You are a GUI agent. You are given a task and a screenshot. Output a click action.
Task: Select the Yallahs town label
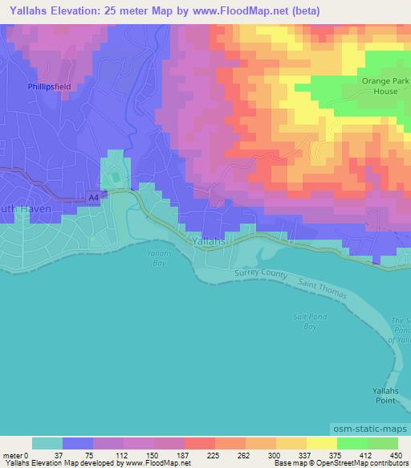click(x=211, y=240)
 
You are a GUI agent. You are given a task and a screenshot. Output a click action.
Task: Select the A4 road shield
click(x=92, y=197)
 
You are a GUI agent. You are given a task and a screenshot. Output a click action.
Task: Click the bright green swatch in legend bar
click(x=352, y=443)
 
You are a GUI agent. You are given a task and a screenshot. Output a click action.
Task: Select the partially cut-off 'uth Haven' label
click(x=26, y=207)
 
